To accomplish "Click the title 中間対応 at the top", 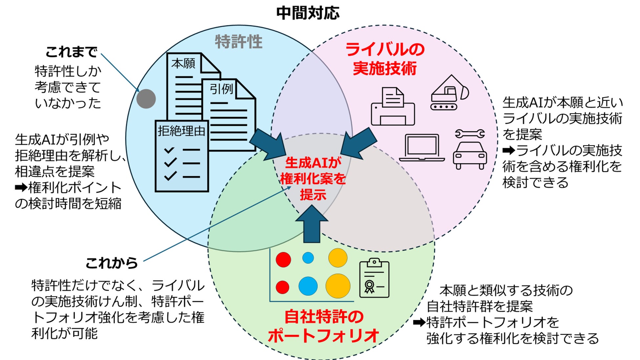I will click(308, 13).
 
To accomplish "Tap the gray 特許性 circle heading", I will click(239, 42).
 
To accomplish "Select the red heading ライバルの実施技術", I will click(385, 59).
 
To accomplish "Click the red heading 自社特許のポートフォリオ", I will click(324, 326).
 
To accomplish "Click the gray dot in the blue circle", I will click(146, 98).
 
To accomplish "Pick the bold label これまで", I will click(71, 52).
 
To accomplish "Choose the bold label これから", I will click(112, 263).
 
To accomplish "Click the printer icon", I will click(393, 107).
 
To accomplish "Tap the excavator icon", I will click(449, 93).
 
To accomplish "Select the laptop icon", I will click(422, 148).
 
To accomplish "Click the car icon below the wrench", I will click(470, 155).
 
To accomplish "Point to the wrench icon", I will click(470, 134).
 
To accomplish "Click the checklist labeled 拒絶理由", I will click(181, 156).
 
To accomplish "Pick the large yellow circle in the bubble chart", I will click(338, 286).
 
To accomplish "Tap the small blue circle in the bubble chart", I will click(308, 258).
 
